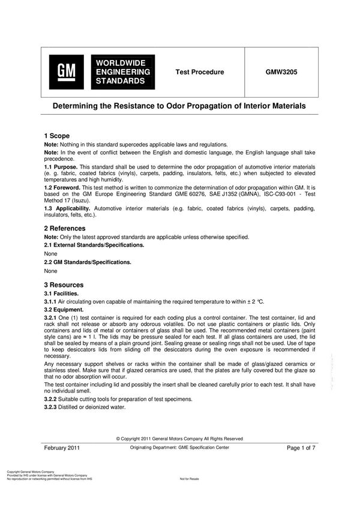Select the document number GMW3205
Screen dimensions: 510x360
[281, 72]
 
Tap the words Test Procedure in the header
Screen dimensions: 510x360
[199, 72]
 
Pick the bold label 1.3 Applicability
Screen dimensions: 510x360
[68, 208]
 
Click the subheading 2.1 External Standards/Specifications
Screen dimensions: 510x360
[94, 245]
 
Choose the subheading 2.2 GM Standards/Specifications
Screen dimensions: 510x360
[88, 262]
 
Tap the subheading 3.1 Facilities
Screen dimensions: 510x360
[62, 293]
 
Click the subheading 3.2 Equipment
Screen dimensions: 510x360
[64, 310]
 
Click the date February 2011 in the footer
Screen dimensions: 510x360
[62, 448]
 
